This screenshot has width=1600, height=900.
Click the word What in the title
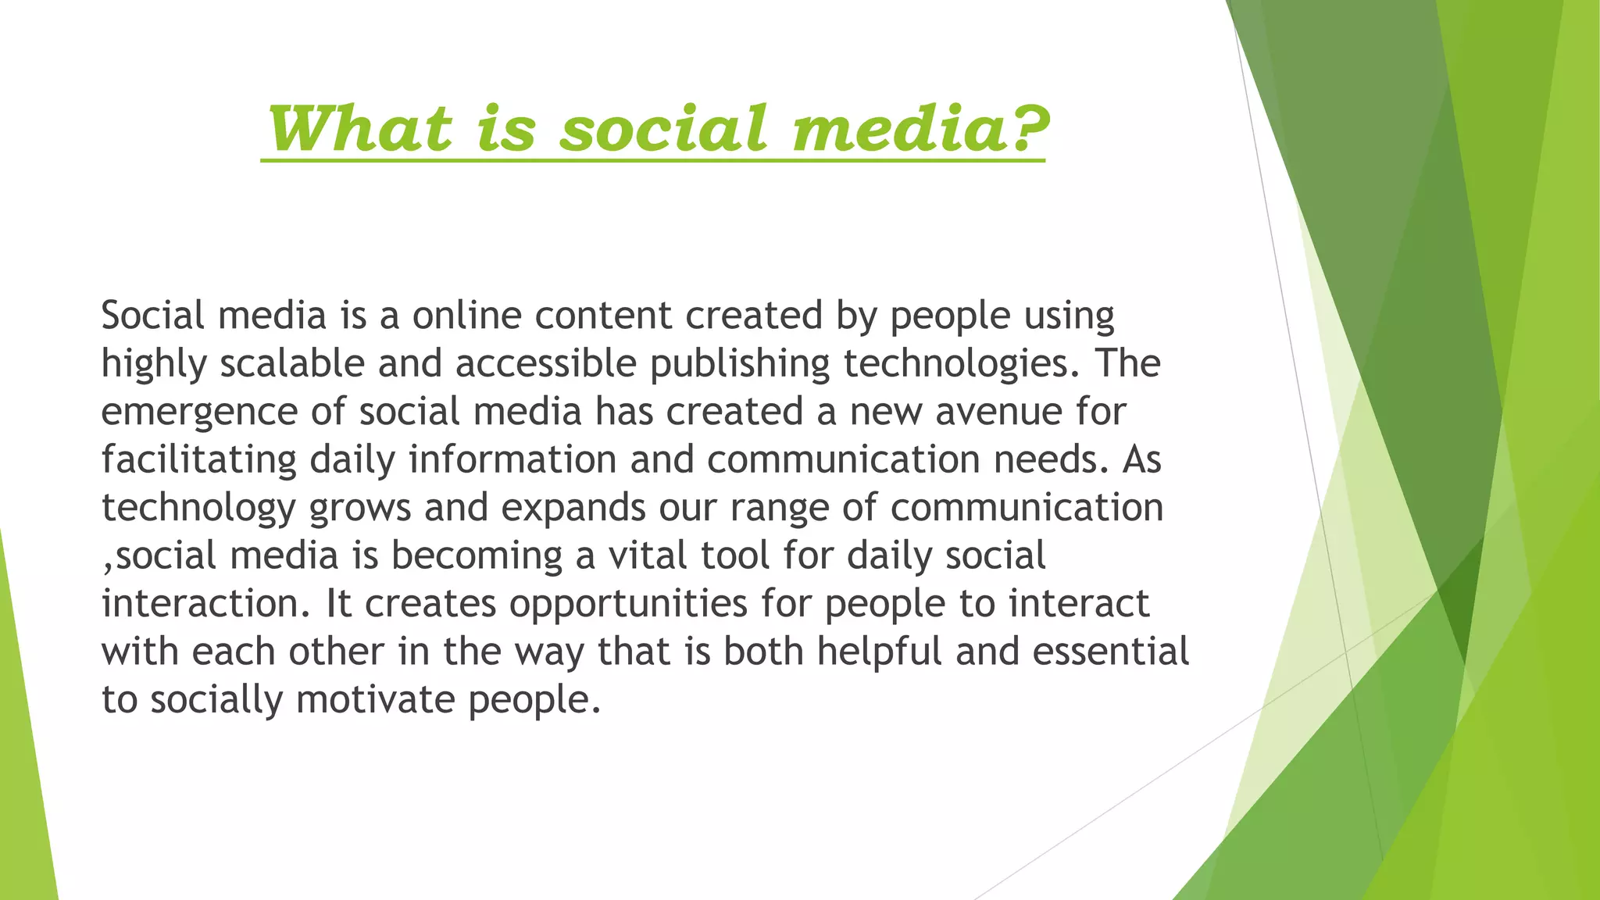pyautogui.click(x=360, y=129)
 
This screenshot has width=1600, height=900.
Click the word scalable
pyautogui.click(x=292, y=364)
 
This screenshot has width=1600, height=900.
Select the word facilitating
pyautogui.click(x=199, y=460)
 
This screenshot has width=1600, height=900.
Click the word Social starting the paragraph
pyautogui.click(x=153, y=316)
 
